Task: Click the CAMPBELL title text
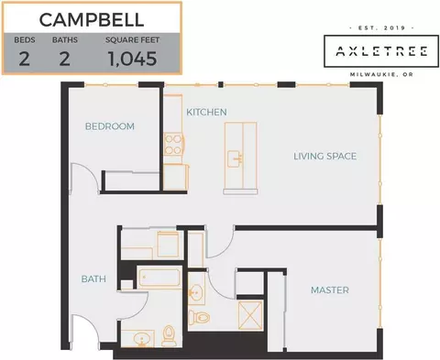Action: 92,19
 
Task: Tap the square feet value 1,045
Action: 132,59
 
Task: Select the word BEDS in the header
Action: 25,40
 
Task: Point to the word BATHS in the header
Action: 65,40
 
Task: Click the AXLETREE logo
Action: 381,51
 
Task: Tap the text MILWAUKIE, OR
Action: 381,74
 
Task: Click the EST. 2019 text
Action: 381,27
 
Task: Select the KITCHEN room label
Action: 206,112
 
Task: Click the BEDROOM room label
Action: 110,126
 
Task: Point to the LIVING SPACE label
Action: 325,156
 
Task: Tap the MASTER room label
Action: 330,289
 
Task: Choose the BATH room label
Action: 93,278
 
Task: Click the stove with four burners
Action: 173,144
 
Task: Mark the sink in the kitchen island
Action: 236,158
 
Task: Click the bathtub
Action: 159,278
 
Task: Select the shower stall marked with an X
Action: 250,315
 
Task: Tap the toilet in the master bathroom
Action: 199,318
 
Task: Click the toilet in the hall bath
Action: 169,335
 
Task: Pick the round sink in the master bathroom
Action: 195,292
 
